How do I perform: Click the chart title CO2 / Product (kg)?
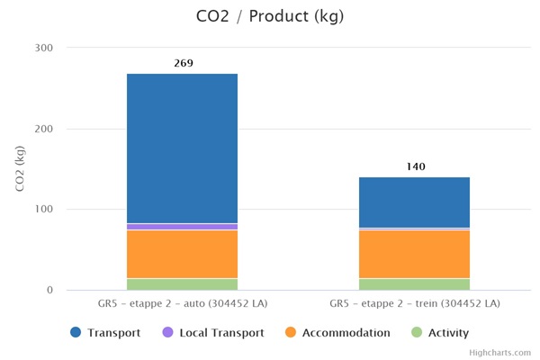click(x=269, y=16)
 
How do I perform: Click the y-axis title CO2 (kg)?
click(x=21, y=168)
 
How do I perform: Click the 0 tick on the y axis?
click(x=50, y=291)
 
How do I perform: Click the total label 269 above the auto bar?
click(x=183, y=63)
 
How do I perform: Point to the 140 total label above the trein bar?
click(x=415, y=166)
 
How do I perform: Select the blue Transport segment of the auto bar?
click(x=183, y=148)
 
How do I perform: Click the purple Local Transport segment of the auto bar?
click(x=183, y=227)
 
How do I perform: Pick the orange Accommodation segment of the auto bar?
click(x=183, y=254)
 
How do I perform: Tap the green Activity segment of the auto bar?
click(x=183, y=284)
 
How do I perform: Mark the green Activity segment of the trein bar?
click(x=415, y=284)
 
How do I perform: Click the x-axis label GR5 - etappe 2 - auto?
click(x=183, y=304)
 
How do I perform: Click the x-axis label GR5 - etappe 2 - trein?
click(x=415, y=304)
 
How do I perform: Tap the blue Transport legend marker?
click(x=76, y=333)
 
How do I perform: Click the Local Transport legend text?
click(x=221, y=333)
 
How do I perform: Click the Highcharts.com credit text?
click(x=499, y=353)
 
